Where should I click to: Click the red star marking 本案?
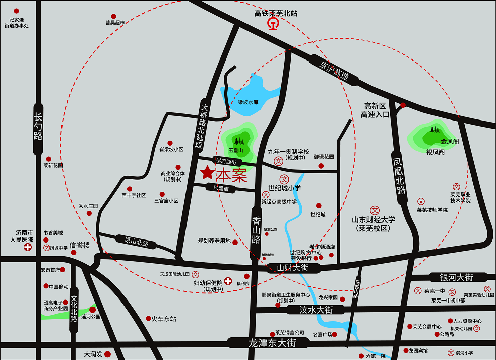pos(207,173)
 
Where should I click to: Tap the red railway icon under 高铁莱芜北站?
pos(273,24)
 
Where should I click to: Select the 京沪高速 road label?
pos(334,71)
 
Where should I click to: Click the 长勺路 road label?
pos(38,128)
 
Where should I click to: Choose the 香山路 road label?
pos(257,229)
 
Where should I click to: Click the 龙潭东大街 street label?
pos(272,343)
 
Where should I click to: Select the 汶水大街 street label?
pos(316,309)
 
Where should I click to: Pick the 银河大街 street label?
pos(456,277)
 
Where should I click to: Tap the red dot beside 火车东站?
pos(148,318)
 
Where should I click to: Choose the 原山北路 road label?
pos(136,241)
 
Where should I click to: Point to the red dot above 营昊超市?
pos(114,17)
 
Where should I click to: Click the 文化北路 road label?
pos(74,308)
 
